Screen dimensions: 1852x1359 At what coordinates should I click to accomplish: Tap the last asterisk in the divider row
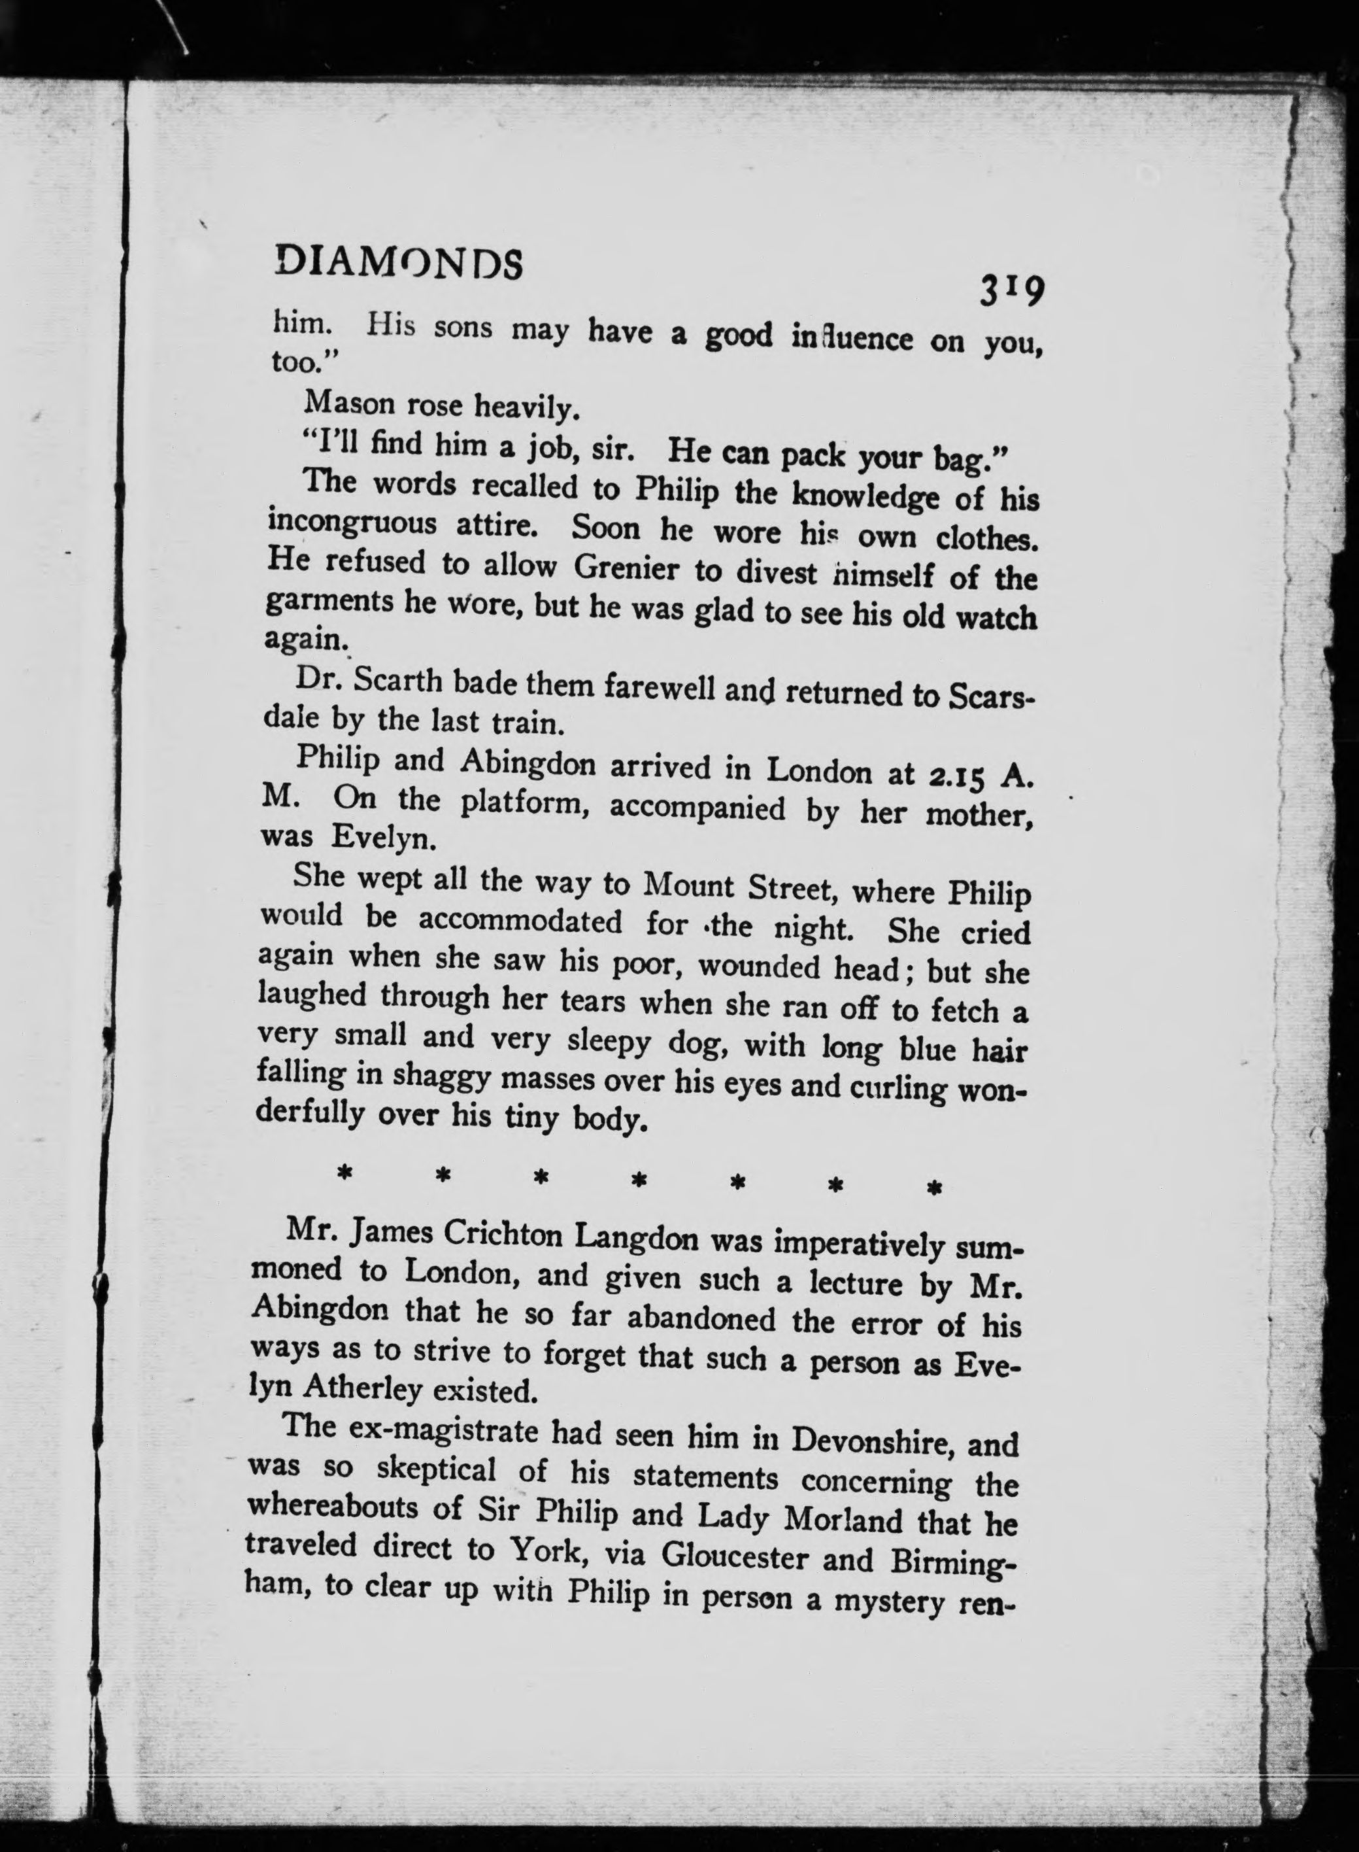[x=933, y=1188]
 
